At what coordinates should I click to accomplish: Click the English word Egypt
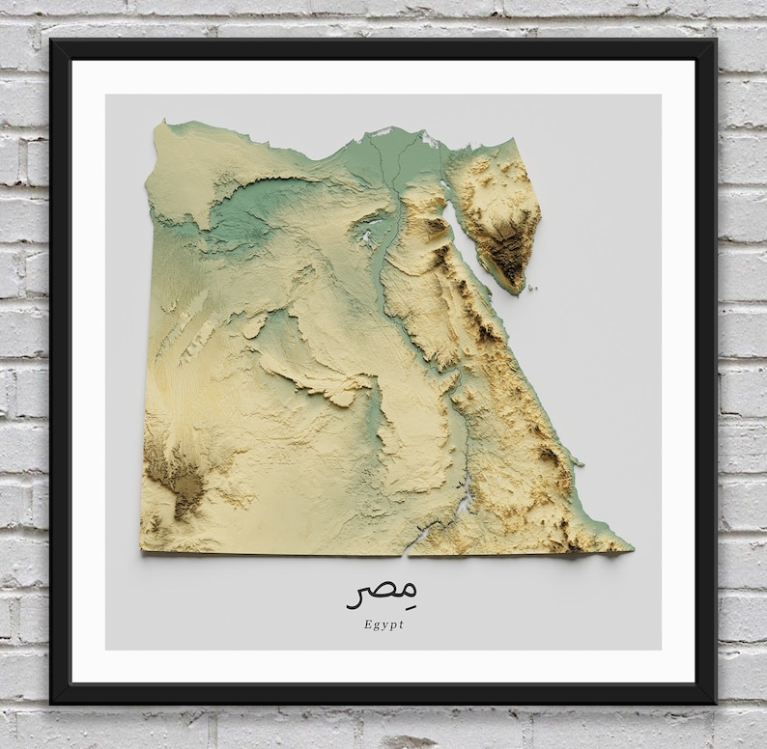(384, 624)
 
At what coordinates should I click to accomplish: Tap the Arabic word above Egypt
(383, 593)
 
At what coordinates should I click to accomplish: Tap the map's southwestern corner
(141, 550)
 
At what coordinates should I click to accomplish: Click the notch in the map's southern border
(408, 555)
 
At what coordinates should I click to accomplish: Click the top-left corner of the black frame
(52, 41)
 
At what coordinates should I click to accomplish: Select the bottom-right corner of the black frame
(716, 703)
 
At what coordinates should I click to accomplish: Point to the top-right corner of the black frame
(716, 41)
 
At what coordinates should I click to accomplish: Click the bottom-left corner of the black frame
(52, 703)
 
